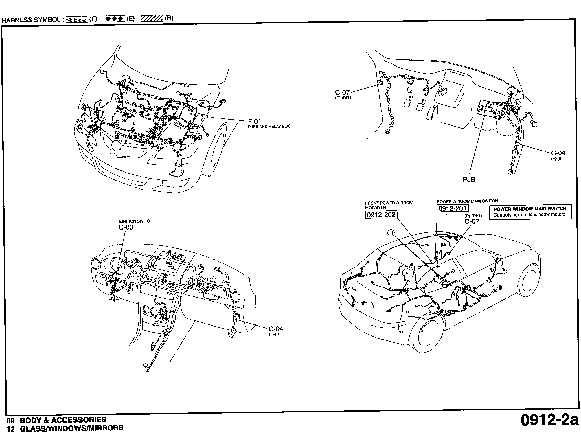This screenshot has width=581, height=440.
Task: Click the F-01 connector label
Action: coord(255,121)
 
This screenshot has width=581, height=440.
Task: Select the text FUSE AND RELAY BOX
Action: coord(269,126)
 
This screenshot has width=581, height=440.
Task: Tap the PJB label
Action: coord(469,180)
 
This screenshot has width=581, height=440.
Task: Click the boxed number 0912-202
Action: coord(381,214)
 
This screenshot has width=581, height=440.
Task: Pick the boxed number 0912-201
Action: coord(453,208)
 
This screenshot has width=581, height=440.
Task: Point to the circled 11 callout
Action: coord(391,233)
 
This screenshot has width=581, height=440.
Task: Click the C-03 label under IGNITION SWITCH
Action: coord(126,227)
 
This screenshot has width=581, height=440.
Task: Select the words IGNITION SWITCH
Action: coord(136,221)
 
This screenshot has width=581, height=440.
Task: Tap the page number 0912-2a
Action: coord(549,428)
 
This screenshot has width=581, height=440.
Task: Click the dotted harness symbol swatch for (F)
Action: coord(77,19)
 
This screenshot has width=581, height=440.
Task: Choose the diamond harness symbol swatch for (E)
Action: coord(114,19)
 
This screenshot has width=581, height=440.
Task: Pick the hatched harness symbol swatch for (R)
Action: coord(152,19)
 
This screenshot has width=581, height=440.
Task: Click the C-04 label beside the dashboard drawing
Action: coord(276,329)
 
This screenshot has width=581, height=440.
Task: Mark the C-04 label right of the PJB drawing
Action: coord(558,153)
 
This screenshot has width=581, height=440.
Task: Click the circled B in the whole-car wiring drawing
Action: coord(500,288)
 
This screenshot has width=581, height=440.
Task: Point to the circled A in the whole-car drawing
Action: coord(452,271)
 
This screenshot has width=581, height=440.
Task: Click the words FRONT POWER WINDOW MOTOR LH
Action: coord(389,205)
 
